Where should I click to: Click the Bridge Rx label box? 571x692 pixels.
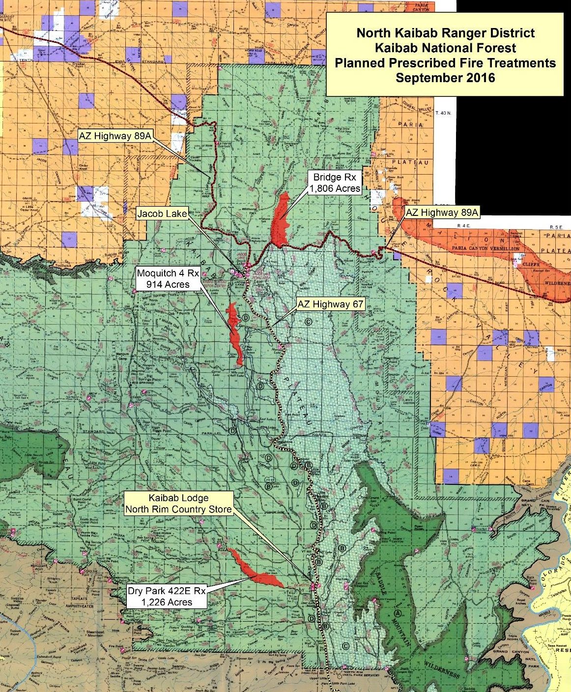point(334,182)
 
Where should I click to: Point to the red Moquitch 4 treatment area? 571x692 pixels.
point(234,334)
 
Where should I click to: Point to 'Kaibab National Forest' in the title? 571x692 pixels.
point(446,48)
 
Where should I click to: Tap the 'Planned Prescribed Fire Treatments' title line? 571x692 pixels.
point(446,63)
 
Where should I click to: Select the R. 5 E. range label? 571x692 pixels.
point(558,228)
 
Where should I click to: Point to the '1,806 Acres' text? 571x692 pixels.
point(334,188)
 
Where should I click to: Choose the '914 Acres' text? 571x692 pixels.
point(163,284)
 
